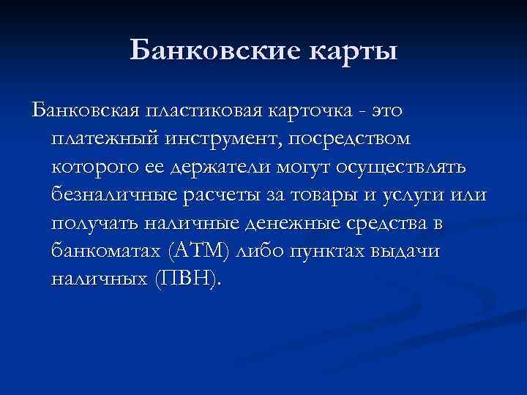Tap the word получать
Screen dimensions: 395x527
(x=91, y=223)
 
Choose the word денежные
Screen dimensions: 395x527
(x=278, y=223)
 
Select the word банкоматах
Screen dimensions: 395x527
(x=105, y=251)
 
